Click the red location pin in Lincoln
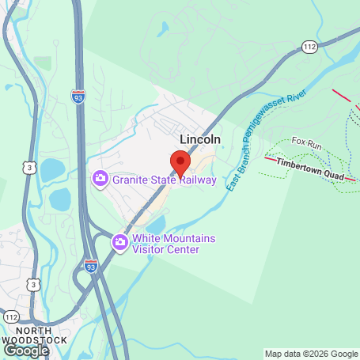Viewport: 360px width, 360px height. tap(180, 161)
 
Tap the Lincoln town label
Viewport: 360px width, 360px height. tap(200, 139)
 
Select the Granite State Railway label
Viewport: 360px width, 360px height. tap(165, 180)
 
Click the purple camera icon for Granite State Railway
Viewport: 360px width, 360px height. tap(100, 180)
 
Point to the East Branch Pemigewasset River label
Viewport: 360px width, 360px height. tap(255, 141)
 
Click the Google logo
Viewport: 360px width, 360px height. tap(26, 349)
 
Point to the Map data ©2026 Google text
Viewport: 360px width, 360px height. tap(311, 354)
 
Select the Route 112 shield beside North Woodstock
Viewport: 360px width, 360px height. tap(9, 315)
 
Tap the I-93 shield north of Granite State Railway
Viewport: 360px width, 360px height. tap(78, 97)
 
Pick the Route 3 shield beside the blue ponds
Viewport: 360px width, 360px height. tap(28, 167)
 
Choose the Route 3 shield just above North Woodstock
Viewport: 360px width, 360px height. tap(33, 283)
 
